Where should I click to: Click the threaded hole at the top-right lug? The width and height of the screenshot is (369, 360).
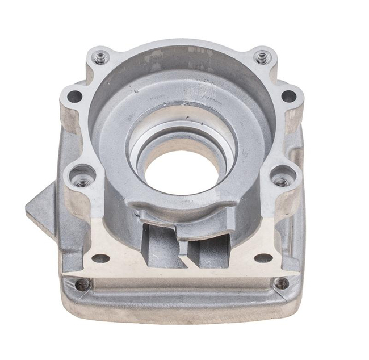pos(262,57)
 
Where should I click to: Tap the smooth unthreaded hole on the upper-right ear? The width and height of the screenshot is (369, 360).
pos(289,96)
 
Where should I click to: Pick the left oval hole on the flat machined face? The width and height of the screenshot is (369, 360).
pos(100,258)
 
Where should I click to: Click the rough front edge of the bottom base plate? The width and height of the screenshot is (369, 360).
pos(182,318)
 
